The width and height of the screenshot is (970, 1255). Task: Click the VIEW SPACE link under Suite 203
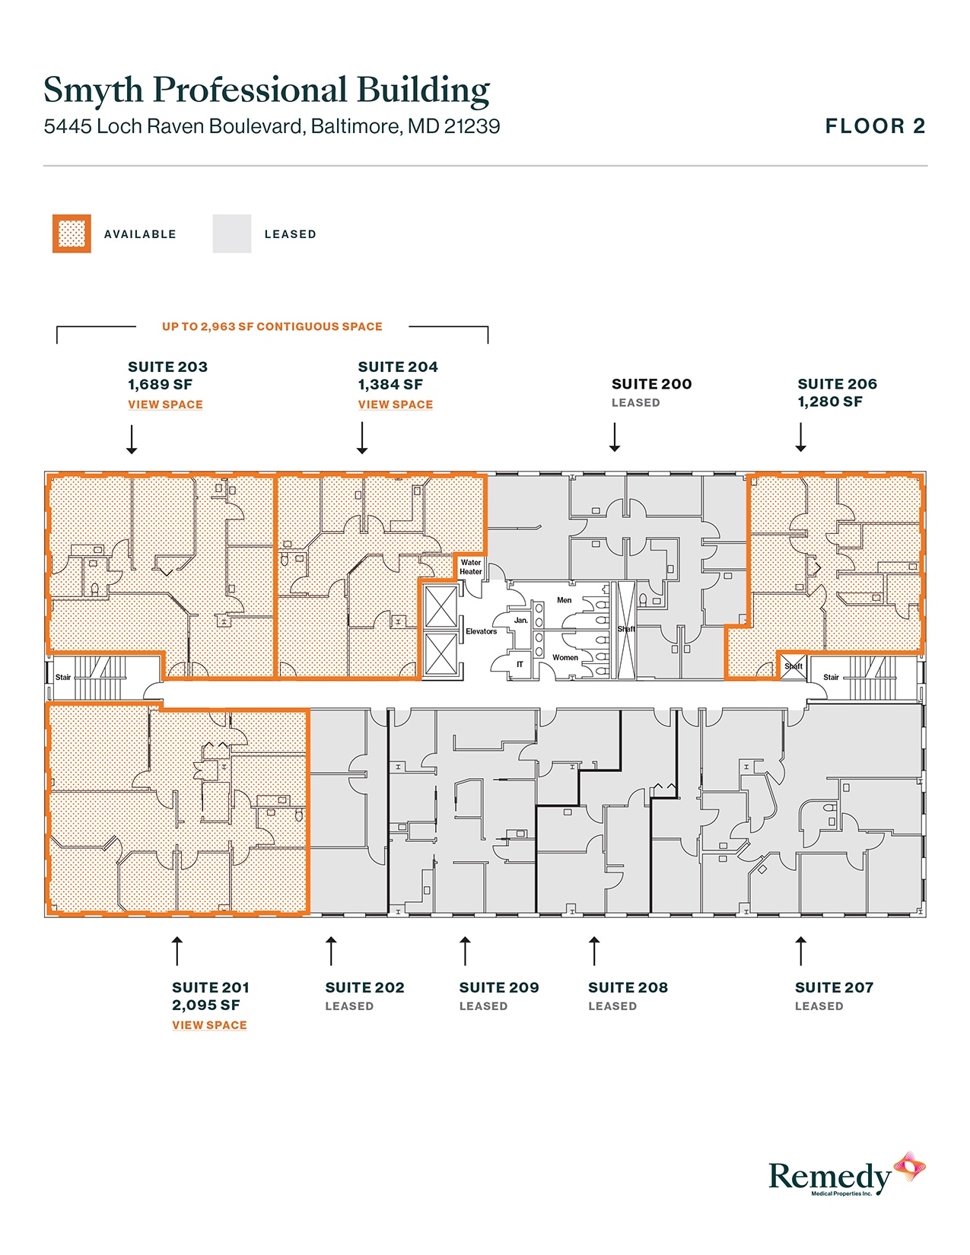[x=165, y=405]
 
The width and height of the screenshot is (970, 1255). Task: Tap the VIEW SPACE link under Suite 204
[x=396, y=405]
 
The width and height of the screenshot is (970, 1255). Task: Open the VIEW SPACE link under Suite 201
[x=209, y=1025]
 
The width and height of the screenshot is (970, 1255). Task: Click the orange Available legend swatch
[x=72, y=234]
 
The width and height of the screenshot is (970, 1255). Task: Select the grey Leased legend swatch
[x=232, y=234]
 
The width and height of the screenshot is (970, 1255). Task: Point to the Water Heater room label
[x=471, y=567]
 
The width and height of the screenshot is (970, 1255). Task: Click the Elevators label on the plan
[x=481, y=631]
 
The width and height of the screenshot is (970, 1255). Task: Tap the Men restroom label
[x=564, y=600]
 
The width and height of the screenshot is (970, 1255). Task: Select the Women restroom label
[x=565, y=657]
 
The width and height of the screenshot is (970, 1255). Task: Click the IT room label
[x=520, y=664]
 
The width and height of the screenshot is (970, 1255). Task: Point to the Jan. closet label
[x=520, y=620]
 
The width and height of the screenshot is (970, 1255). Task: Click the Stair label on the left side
[x=63, y=677]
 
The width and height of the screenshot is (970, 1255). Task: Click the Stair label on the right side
[x=831, y=677]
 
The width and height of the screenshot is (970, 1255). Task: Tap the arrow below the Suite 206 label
[x=800, y=437]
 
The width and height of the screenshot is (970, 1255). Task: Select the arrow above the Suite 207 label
[x=800, y=951]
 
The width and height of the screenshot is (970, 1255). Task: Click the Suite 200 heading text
[x=651, y=384]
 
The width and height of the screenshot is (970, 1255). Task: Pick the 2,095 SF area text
[x=206, y=1006]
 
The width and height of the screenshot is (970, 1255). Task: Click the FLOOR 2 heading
[x=875, y=126]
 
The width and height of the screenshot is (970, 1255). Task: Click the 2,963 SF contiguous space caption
[x=272, y=326]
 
